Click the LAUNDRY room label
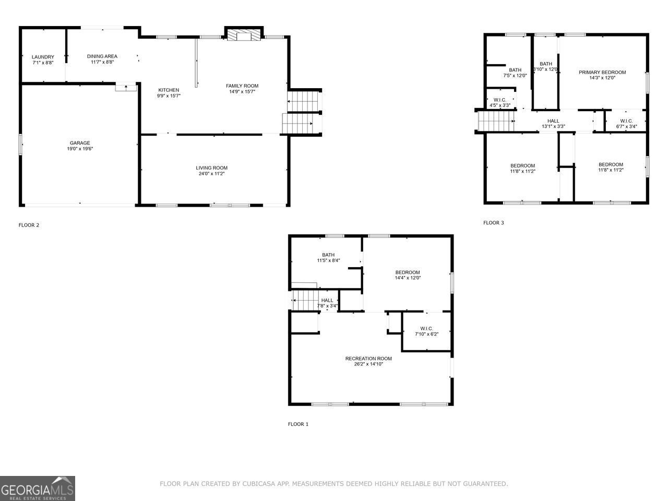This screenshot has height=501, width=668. (43, 57)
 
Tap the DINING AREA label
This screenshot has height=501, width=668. (102, 56)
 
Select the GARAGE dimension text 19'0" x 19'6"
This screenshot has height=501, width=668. (80, 149)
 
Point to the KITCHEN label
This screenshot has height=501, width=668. (169, 90)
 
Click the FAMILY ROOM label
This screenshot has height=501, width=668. (242, 86)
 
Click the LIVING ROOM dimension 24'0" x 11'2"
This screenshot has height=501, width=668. (212, 174)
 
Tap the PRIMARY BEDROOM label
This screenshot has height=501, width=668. (602, 73)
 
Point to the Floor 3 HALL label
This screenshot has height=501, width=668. (553, 121)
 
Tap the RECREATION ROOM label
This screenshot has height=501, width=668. (368, 359)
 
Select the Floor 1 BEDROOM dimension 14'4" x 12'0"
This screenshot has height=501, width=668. (408, 278)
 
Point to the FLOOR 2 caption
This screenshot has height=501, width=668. (29, 225)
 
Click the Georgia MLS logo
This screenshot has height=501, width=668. (38, 488)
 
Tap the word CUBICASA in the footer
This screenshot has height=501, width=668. (260, 484)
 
